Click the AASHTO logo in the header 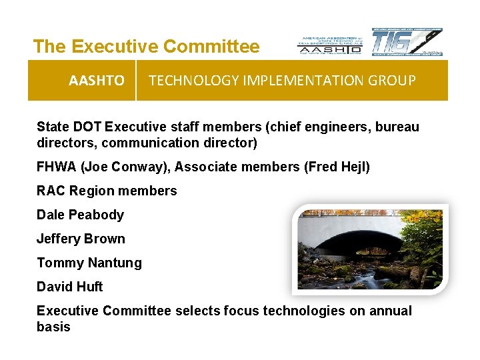click(x=329, y=44)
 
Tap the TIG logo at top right click(x=407, y=42)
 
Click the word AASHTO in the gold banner click(x=96, y=81)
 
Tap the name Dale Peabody click(x=80, y=215)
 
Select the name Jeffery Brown click(x=81, y=239)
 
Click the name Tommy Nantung click(x=89, y=263)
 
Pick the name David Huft click(x=70, y=287)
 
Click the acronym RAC click(x=51, y=191)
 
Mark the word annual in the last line click(x=391, y=311)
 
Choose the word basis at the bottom click(x=53, y=327)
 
